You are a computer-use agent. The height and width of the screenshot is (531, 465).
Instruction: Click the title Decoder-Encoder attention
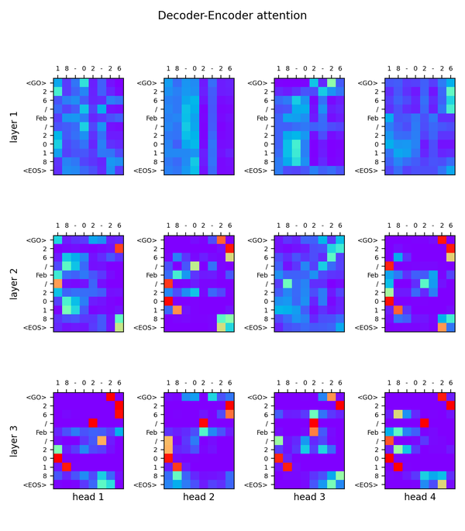pos(232,16)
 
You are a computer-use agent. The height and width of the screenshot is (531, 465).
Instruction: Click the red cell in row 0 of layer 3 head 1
pos(57,458)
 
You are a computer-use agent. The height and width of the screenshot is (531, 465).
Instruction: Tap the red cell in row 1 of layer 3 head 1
pos(66,467)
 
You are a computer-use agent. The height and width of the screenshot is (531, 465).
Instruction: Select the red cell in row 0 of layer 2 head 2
pos(167,301)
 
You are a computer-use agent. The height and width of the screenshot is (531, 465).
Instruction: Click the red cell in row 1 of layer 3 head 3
pos(288,467)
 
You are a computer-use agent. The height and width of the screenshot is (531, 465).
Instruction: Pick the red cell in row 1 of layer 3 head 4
pos(398,467)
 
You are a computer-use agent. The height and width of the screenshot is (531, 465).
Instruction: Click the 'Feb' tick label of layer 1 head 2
pos(150,118)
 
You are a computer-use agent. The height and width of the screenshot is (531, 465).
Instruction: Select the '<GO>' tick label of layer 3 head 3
pos(258,397)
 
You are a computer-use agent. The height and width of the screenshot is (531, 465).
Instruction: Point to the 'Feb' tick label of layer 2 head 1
pos(40,274)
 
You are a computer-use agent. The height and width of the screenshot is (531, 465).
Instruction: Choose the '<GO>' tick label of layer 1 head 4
pos(369,83)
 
